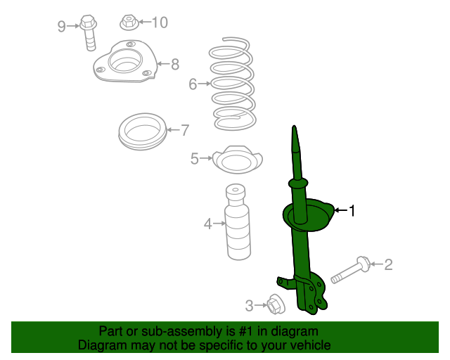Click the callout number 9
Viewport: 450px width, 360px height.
point(62,27)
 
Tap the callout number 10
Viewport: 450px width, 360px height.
point(160,22)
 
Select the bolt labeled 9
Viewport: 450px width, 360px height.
point(89,33)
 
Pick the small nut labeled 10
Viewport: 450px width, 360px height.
point(129,22)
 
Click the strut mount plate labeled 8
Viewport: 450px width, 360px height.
point(125,61)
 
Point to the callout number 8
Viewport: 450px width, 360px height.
point(175,64)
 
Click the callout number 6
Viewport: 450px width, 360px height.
point(193,84)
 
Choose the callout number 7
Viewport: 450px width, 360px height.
point(185,130)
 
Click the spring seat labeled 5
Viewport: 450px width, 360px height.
point(238,160)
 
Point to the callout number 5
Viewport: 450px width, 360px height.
point(195,158)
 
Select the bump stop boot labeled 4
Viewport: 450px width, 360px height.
point(238,222)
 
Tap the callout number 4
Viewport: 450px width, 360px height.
point(208,224)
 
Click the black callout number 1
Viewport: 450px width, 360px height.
point(352,211)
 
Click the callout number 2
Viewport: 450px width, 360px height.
point(388,264)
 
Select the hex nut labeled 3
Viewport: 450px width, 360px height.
point(276,304)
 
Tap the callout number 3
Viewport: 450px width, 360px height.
point(249,306)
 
